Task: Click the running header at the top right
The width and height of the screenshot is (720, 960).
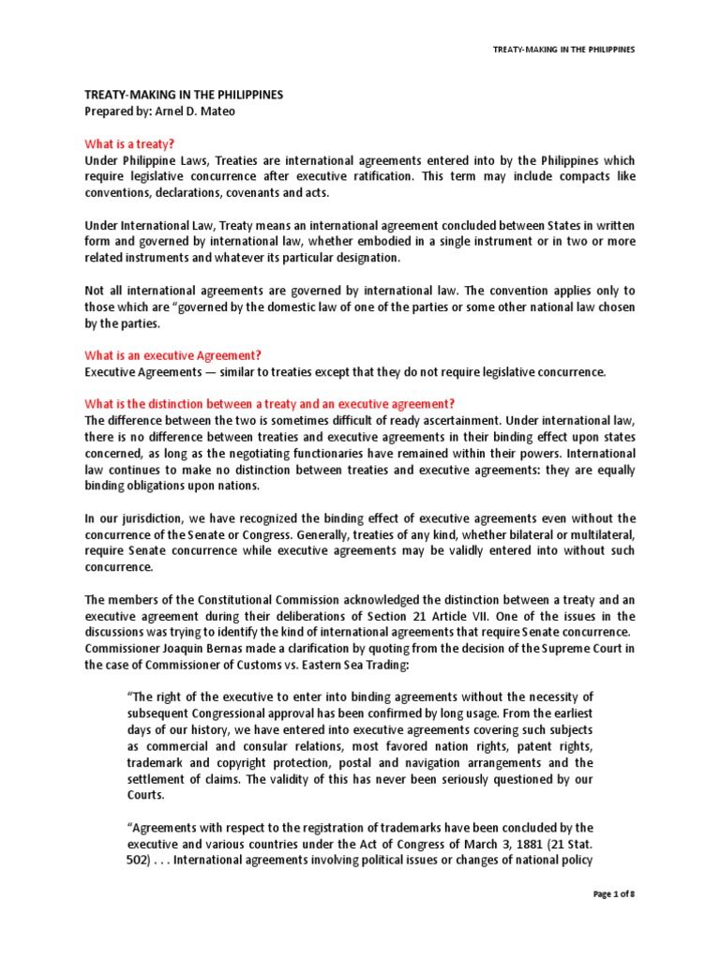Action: pyautogui.click(x=564, y=49)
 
